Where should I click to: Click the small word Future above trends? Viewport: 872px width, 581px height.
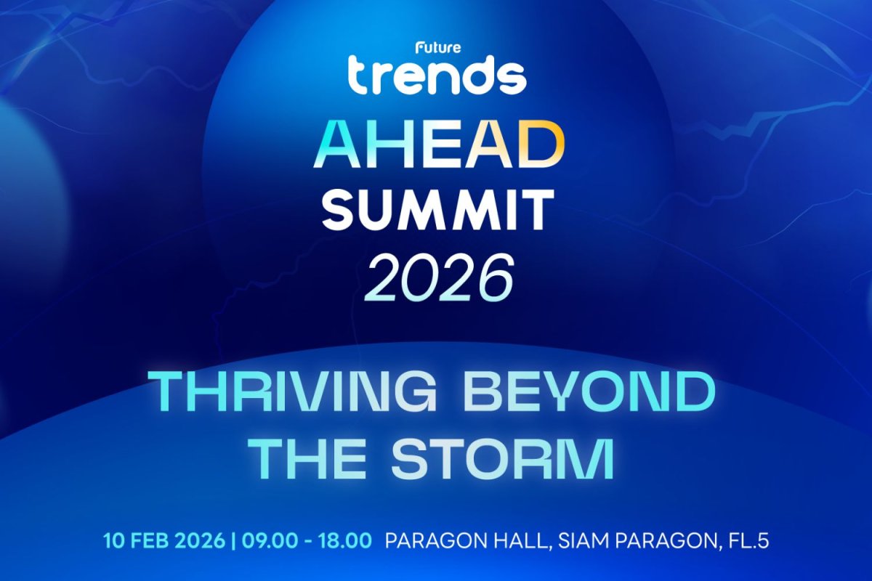(435, 49)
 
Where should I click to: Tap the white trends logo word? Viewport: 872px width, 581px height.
(436, 75)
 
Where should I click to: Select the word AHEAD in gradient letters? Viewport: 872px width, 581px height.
(436, 146)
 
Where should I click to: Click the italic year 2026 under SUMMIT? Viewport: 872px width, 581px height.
(436, 277)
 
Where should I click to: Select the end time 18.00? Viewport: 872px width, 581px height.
(344, 541)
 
